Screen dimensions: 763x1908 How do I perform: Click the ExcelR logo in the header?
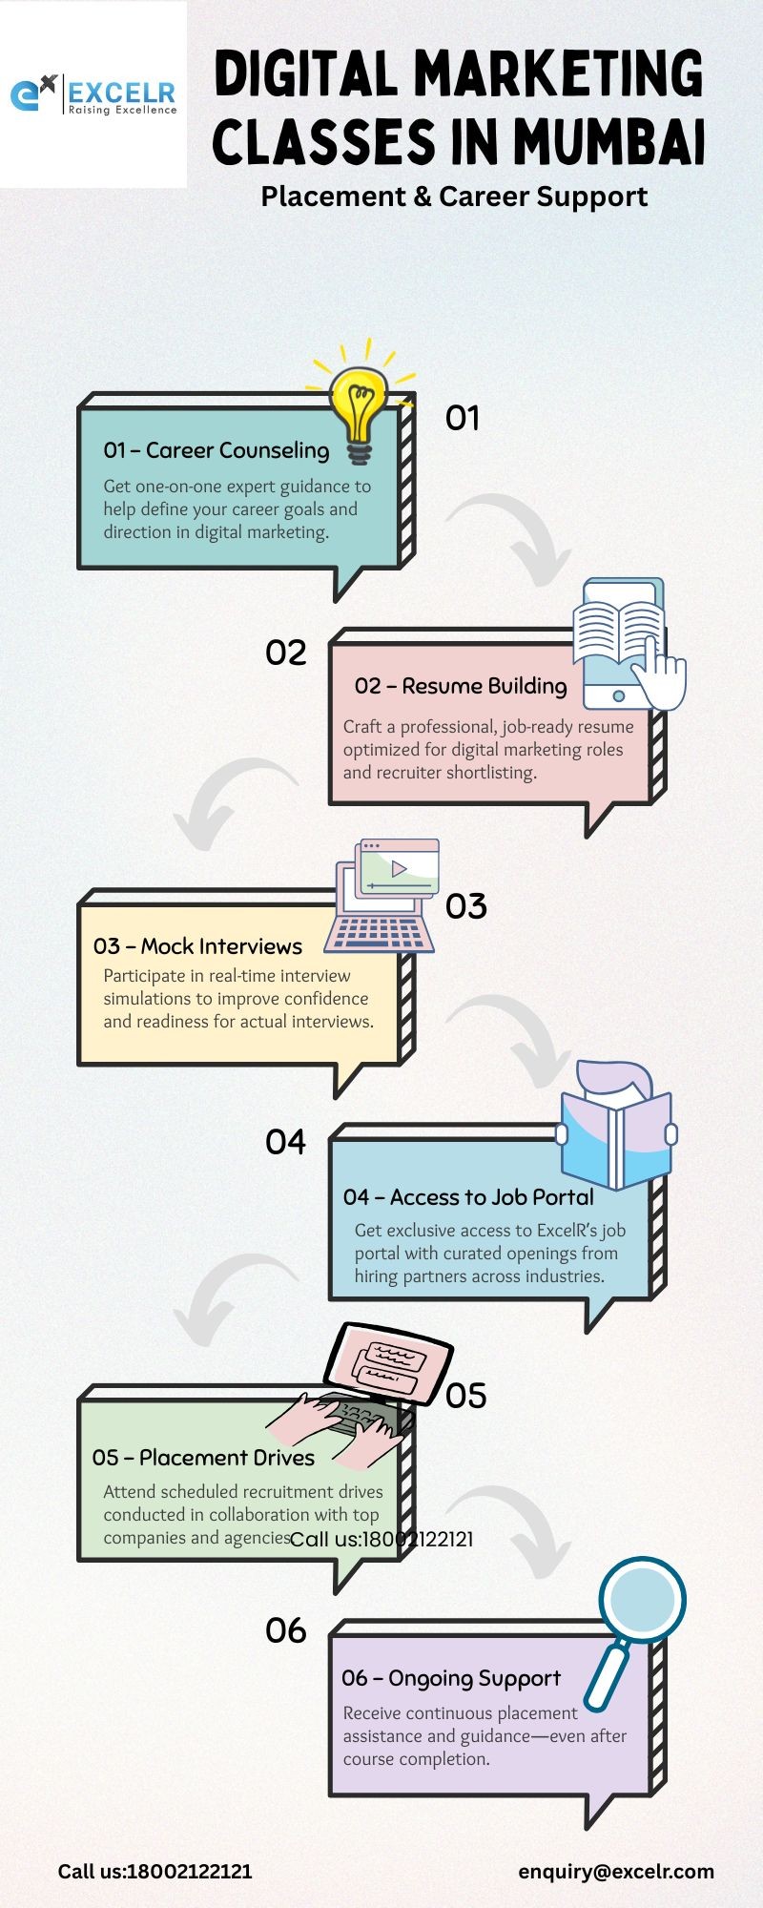tap(93, 94)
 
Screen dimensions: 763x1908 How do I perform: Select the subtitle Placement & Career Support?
tap(454, 197)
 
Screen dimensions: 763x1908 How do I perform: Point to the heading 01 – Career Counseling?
tap(217, 450)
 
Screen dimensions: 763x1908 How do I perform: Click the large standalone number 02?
tap(286, 653)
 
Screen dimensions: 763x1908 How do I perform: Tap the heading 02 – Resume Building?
tap(461, 686)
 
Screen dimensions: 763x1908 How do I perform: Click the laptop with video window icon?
tap(381, 895)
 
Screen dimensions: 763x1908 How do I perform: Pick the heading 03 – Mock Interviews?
tap(197, 946)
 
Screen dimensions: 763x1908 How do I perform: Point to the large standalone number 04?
tap(285, 1142)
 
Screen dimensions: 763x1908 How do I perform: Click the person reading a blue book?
tap(616, 1126)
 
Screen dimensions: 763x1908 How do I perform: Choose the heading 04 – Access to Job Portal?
tap(468, 1197)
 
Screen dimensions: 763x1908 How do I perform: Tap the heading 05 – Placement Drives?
tap(203, 1458)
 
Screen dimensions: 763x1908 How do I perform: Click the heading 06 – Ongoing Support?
tap(451, 1678)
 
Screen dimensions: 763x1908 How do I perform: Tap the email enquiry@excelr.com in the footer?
tap(616, 1872)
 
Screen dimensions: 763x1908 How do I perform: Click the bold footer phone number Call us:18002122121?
tap(155, 1872)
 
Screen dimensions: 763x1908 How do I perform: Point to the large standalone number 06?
tap(285, 1631)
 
